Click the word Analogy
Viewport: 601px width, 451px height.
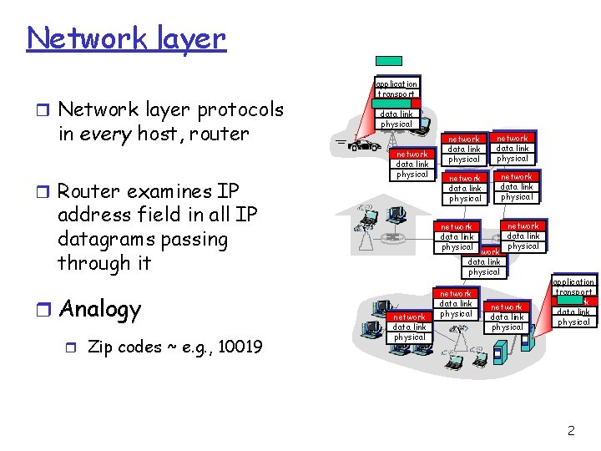click(x=99, y=310)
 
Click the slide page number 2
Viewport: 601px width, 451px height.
click(x=571, y=431)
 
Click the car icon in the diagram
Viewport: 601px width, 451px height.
click(x=361, y=146)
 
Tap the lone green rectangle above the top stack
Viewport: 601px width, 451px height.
click(x=388, y=61)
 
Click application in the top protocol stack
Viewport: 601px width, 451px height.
click(x=396, y=84)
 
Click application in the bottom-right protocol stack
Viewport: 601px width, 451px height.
click(x=573, y=282)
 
